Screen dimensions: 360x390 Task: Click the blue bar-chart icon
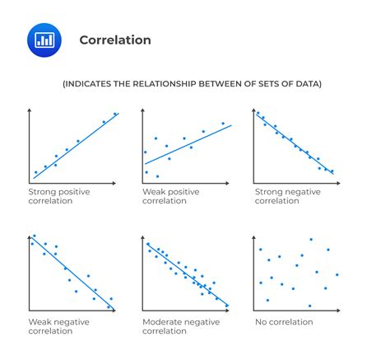[44, 40]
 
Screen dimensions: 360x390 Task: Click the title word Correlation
[115, 40]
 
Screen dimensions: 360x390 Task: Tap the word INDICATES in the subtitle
[96, 83]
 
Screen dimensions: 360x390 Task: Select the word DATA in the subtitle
[305, 83]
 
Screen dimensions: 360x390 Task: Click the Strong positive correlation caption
[59, 196]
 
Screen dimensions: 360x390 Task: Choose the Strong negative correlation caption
[288, 196]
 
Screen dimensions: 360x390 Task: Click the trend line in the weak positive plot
[188, 144]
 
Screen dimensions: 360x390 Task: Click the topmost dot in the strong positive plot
[115, 115]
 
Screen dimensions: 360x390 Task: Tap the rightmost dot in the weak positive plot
[222, 124]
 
